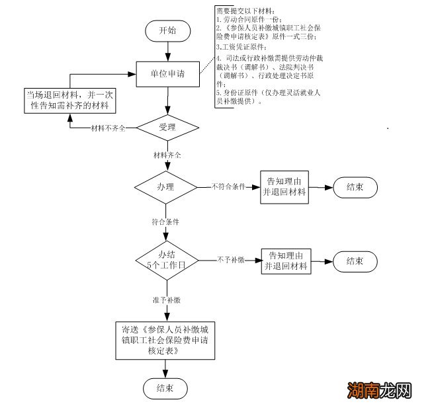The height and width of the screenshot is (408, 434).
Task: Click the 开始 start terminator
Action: pos(167,30)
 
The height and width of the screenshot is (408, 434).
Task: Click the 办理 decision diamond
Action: pos(166,187)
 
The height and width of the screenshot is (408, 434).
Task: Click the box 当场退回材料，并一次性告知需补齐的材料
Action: pos(69,99)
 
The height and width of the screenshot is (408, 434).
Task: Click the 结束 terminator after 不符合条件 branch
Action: pos(355,187)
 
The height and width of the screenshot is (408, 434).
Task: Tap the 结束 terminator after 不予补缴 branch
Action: pos(355,261)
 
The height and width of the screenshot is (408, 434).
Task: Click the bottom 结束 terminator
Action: pos(165,388)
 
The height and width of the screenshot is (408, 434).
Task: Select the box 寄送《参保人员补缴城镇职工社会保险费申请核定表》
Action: pos(165,341)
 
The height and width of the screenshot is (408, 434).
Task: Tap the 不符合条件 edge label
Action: pos(228,187)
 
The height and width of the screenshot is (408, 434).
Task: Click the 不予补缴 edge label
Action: pos(231,260)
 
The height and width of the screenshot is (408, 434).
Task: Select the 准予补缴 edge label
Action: pos(166,300)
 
